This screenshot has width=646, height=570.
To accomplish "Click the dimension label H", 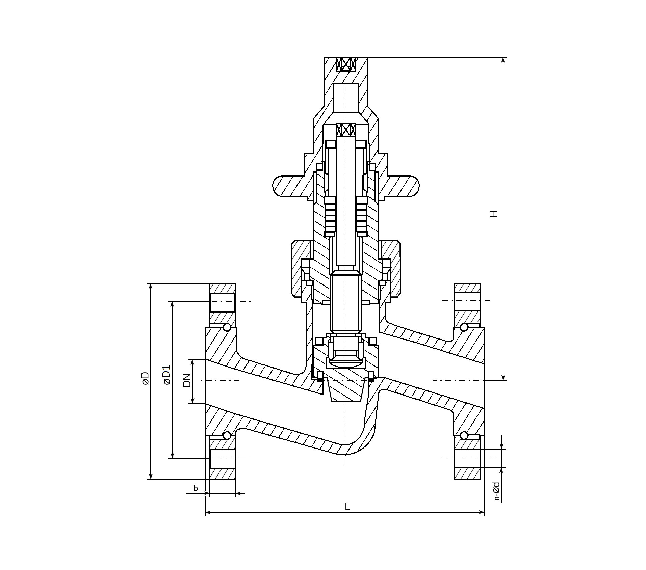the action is [x=494, y=214].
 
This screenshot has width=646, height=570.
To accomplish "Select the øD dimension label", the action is [x=145, y=378].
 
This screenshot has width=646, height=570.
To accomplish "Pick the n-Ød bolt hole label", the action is [x=496, y=491].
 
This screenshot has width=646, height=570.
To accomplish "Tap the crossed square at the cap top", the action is [x=346, y=64].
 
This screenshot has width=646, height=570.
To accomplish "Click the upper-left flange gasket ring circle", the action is [x=227, y=327].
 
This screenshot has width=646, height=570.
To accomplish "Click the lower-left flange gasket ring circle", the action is [x=227, y=436].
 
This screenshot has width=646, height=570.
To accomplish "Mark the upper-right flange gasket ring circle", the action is [x=464, y=327].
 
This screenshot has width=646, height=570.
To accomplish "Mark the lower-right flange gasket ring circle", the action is [x=464, y=436].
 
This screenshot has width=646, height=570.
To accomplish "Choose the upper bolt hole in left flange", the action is [x=222, y=302].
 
